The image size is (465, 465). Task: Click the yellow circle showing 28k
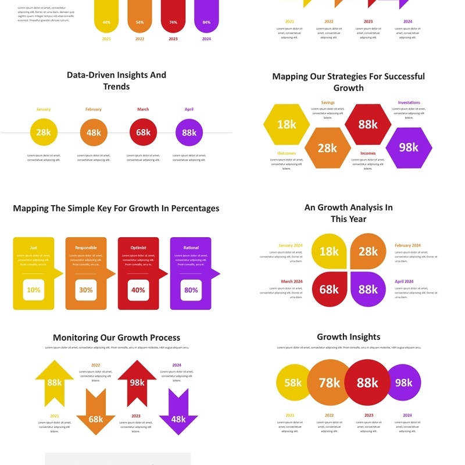[44, 133]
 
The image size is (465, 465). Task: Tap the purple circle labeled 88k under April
[189, 133]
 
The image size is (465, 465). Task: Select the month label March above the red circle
[143, 109]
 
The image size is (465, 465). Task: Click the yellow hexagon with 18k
[287, 124]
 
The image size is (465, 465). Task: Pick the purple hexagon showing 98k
[409, 148]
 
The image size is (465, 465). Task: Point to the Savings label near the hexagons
[328, 103]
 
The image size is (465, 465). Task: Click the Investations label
[409, 103]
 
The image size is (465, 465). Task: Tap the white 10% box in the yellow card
[34, 290]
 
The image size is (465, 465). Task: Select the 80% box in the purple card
[191, 290]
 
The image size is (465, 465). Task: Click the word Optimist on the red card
[138, 248]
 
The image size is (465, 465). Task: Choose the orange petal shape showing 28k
[368, 251]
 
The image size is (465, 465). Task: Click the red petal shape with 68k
[330, 289]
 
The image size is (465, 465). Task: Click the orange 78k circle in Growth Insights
[329, 382]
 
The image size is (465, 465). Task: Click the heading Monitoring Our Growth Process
[116, 338]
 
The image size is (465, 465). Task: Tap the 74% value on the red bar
[173, 23]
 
